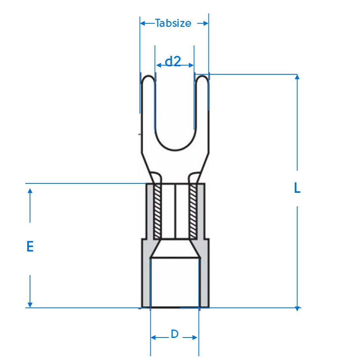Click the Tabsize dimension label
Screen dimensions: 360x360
[173, 23]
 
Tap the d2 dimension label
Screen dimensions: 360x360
[173, 61]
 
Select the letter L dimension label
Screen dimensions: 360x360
[297, 188]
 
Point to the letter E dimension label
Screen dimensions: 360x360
[30, 247]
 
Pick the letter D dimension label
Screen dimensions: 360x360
[175, 334]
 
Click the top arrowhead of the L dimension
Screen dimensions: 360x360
[297, 77]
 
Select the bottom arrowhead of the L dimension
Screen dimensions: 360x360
[297, 309]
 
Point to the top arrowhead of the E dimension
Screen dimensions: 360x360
[30, 191]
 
